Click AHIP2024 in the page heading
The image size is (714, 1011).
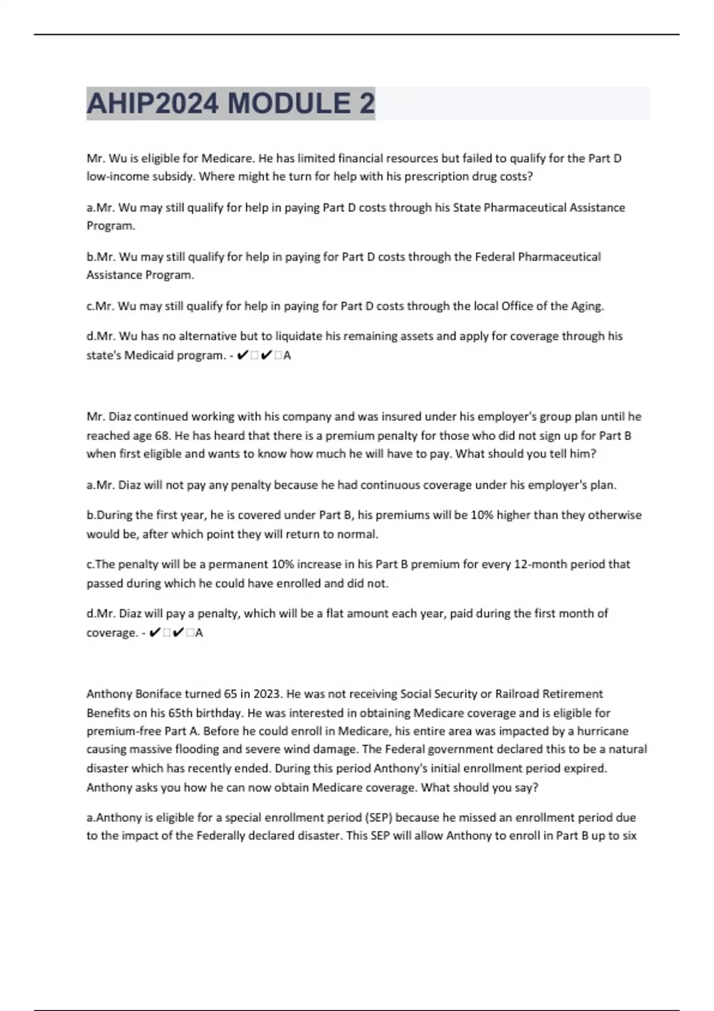(x=152, y=103)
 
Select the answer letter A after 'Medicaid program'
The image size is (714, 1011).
(x=287, y=356)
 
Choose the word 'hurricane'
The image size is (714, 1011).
(x=603, y=731)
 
